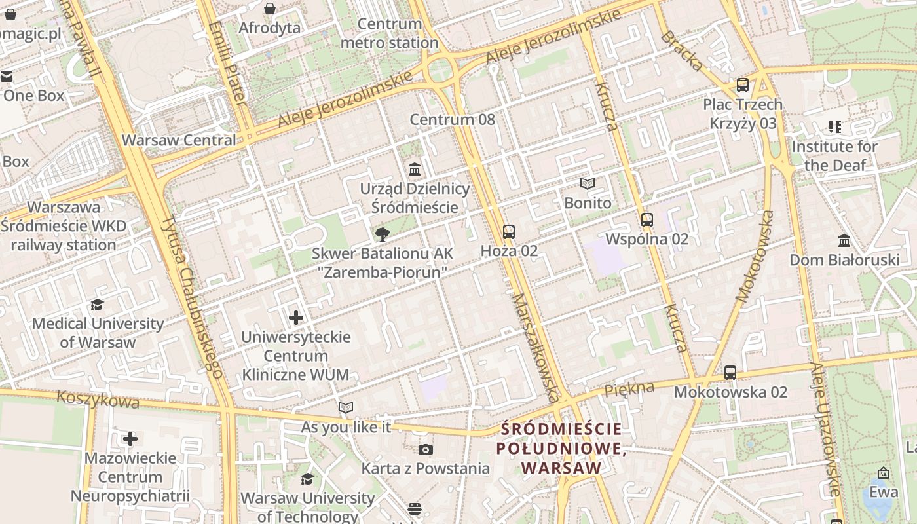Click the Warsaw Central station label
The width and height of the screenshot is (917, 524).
[x=179, y=140]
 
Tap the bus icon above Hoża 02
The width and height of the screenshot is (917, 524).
[x=509, y=231]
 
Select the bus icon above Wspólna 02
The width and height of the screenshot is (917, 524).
[x=647, y=219]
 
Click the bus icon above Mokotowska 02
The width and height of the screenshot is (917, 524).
[x=730, y=373]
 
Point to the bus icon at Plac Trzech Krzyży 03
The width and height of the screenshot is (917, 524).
[x=742, y=84]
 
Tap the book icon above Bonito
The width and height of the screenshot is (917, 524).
[x=588, y=184]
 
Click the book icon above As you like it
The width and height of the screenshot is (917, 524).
[x=346, y=408]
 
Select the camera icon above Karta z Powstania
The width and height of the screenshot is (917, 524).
[x=426, y=449]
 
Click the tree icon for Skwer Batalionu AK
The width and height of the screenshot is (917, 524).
[x=382, y=234]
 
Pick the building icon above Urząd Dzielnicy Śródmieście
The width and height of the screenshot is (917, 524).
[x=415, y=170]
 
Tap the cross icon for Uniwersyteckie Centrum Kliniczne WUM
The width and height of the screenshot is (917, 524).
[x=296, y=318]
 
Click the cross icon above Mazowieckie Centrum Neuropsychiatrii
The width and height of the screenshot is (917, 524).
[x=130, y=438]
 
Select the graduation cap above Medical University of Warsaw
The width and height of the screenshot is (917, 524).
[x=98, y=305]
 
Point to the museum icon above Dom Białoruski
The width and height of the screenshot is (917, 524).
[x=844, y=241]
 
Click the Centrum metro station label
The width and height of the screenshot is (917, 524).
[x=390, y=33]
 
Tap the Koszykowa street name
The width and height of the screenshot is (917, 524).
[x=98, y=399]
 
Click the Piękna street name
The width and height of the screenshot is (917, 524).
[x=629, y=388]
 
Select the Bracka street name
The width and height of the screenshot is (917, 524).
[x=682, y=50]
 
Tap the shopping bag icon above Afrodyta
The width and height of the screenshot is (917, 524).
[x=270, y=9]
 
